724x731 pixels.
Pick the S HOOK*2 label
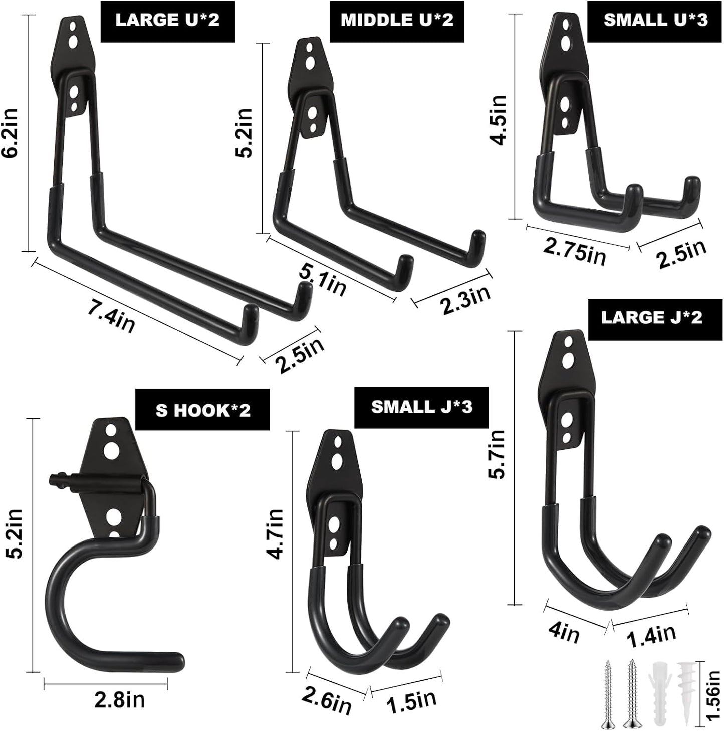(203, 410)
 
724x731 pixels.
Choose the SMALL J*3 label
(421, 407)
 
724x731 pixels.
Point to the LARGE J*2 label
(651, 317)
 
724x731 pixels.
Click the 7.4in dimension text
(111, 317)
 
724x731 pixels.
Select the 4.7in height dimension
(275, 533)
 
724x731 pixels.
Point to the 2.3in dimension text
(465, 300)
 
